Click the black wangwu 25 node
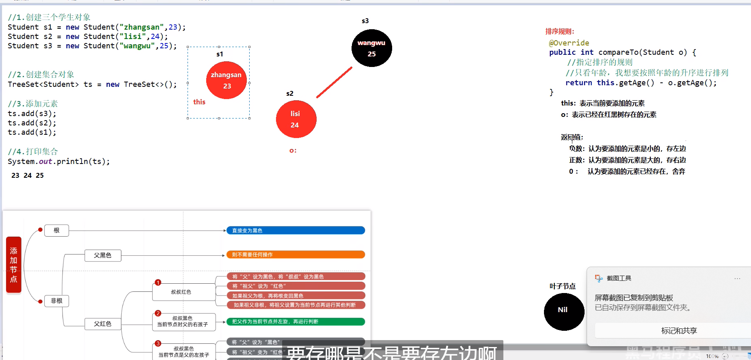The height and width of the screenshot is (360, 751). coord(371,48)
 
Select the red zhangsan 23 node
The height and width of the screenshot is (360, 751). coord(227,80)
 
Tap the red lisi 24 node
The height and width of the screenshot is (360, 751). coord(296,119)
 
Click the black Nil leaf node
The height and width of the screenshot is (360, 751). coord(564,311)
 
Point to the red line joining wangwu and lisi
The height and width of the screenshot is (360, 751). coord(334,82)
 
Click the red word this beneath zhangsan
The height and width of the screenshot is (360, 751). coord(199,102)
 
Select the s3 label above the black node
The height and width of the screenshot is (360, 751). coord(365,21)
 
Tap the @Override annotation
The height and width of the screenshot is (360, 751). coord(569,43)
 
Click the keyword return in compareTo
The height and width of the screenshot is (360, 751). coord(578,83)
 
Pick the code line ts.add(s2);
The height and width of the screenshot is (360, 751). coord(32,123)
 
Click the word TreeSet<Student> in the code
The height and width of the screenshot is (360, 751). coord(43,84)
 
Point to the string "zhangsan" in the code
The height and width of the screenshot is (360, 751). coord(142,27)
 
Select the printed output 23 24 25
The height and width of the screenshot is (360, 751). coord(28,175)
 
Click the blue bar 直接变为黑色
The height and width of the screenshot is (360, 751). coord(296,231)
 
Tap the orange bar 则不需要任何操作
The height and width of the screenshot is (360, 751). coord(296,254)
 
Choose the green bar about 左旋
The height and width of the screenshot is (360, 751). coord(296,321)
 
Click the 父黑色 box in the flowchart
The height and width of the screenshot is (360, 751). coord(103,255)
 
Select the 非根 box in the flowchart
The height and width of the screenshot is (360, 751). coord(56,301)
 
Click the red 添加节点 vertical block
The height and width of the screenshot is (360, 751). coord(14,265)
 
